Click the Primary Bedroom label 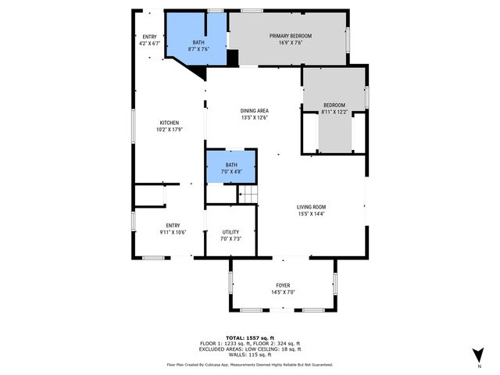coord(291,36)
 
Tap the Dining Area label coord(254,111)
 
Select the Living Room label coord(310,206)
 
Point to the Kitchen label coord(170,123)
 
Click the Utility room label coord(230,232)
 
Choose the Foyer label coord(283,285)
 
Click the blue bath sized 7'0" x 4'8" coord(231,168)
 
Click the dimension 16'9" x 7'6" coord(291,44)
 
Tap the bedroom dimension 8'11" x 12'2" coord(334,112)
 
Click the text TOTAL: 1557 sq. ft coord(249,337)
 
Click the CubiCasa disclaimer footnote coord(249,364)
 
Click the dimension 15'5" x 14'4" coord(310,213)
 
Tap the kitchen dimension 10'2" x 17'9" coord(170,130)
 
